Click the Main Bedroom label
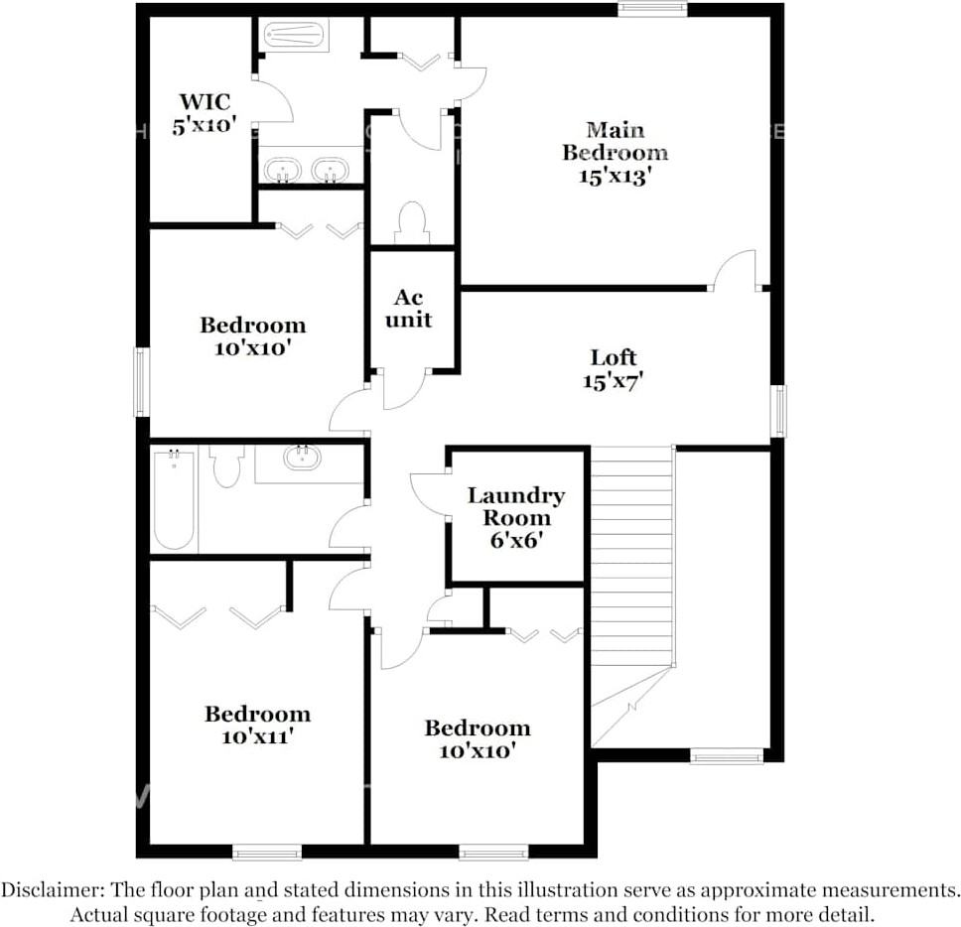coord(615,152)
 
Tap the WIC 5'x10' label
coord(206,113)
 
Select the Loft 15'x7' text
coord(614,368)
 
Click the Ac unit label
coord(409,309)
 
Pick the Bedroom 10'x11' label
coord(257,725)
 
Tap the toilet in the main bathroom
coord(411,222)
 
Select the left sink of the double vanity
coord(282,170)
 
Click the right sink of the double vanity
coord(330,170)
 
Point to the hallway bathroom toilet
coord(227,465)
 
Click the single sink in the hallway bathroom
coord(302,458)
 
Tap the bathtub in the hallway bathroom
coord(174,498)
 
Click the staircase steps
coord(632,556)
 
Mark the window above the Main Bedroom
coord(652,9)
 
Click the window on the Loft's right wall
coord(779,411)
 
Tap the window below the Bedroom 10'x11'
coord(267,852)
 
